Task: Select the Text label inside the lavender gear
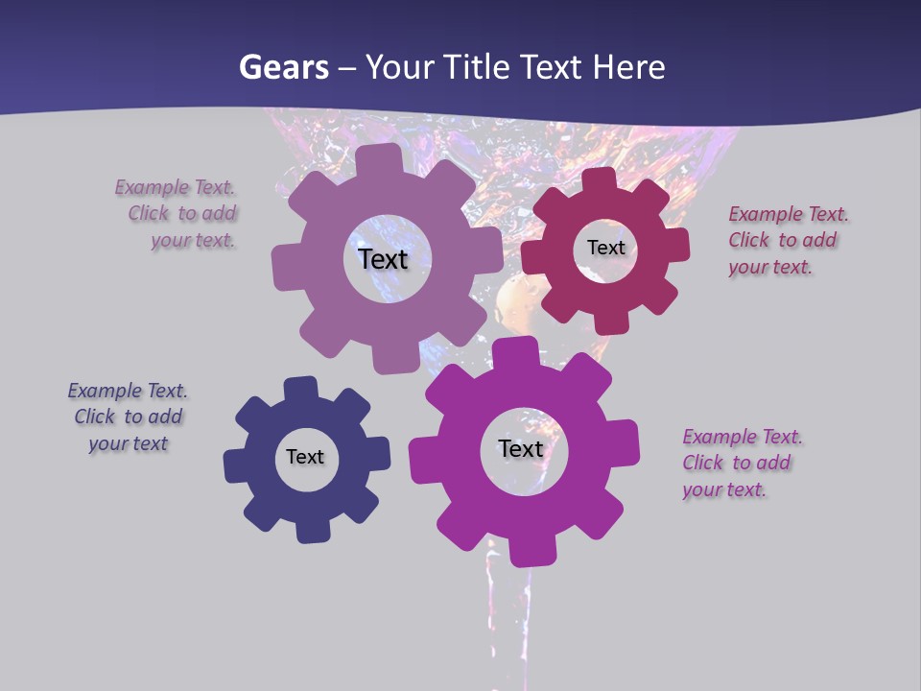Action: coord(383,259)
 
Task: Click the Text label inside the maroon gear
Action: coord(605,248)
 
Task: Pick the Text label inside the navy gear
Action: coord(305,457)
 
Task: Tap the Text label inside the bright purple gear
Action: coord(521,448)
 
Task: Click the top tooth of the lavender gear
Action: coord(379,159)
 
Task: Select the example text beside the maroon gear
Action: coord(787,240)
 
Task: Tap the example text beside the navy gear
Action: coord(128,417)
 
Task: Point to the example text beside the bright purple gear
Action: coord(741,463)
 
